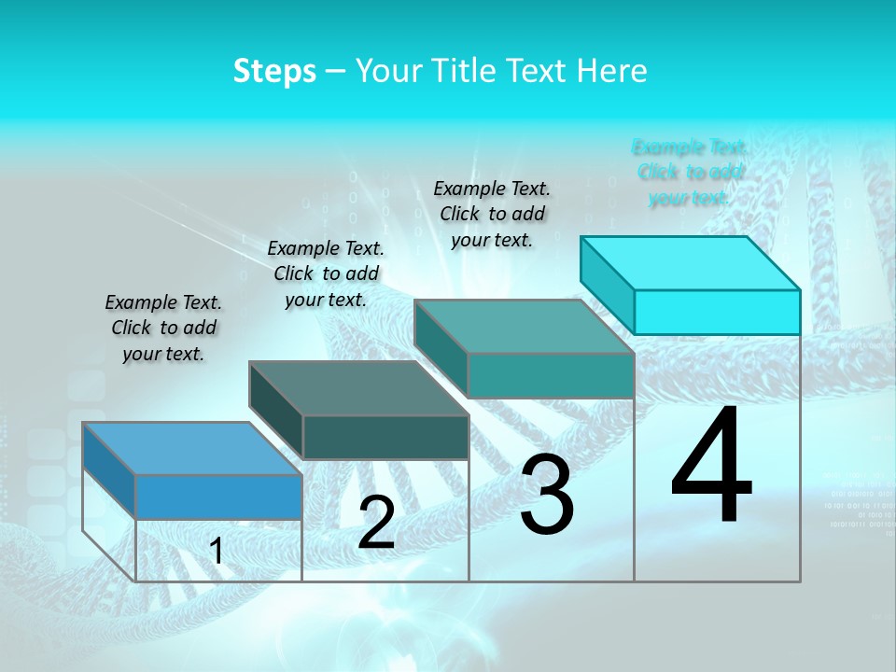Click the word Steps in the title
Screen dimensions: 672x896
(274, 72)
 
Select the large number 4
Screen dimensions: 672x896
(711, 467)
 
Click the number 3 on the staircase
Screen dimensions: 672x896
(546, 495)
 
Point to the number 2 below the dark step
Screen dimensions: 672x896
(376, 523)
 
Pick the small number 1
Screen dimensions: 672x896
(217, 552)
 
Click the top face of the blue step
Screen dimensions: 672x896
(191, 448)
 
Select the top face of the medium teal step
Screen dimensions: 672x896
(524, 327)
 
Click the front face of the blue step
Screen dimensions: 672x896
(218, 497)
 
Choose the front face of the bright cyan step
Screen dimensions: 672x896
(717, 312)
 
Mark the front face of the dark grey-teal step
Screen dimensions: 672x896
(385, 437)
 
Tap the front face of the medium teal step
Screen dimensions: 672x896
(551, 375)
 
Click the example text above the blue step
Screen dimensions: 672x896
(163, 328)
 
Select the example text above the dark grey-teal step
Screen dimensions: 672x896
(326, 273)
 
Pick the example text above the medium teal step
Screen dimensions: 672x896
(492, 214)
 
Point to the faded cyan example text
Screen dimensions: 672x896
(690, 172)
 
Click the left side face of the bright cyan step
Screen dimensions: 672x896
(608, 280)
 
